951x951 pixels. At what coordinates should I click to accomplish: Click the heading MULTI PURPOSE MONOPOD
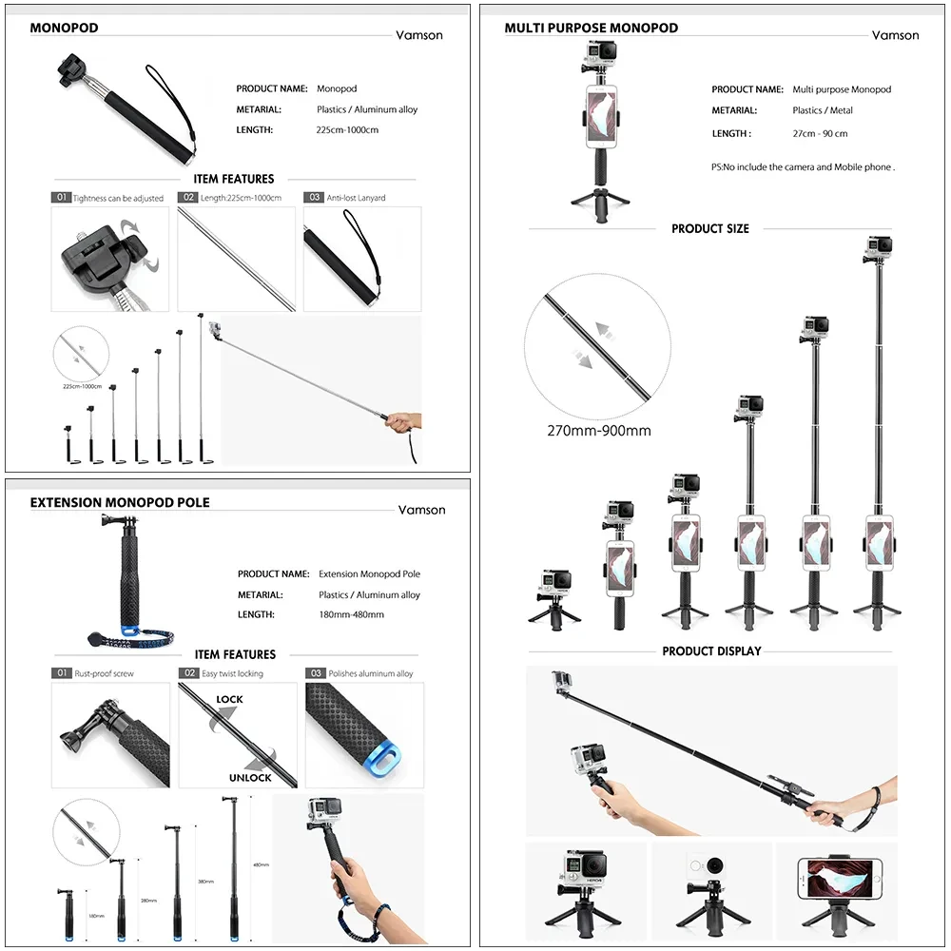[x=591, y=28]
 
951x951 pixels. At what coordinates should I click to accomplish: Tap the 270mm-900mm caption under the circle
[x=598, y=430]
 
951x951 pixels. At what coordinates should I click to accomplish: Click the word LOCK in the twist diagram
[x=229, y=699]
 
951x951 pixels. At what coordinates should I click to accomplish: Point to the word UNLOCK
[x=249, y=777]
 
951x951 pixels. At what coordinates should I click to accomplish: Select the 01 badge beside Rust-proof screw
[x=62, y=673]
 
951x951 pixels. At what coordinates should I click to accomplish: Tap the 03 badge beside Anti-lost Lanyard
[x=313, y=198]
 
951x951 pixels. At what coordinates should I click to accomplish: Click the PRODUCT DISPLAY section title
[x=711, y=651]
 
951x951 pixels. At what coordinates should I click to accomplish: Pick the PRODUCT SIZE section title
[x=709, y=229]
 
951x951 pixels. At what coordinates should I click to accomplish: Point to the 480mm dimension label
[x=261, y=865]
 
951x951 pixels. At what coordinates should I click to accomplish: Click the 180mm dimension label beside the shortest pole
[x=96, y=917]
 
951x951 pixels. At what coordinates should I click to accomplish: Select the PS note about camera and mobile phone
[x=803, y=167]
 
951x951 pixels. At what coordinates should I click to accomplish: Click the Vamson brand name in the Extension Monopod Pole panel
[x=421, y=510]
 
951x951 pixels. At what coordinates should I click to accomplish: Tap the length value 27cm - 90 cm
[x=820, y=134]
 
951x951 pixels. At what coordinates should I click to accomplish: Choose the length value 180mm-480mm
[x=351, y=615]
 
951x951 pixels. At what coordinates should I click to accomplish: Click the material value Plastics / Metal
[x=823, y=111]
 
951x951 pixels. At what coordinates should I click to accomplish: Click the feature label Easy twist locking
[x=232, y=673]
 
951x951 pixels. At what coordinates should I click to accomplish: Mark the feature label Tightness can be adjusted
[x=118, y=199]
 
